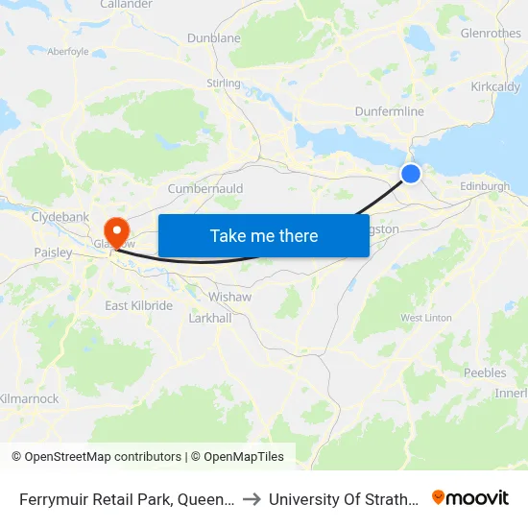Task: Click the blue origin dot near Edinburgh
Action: (410, 173)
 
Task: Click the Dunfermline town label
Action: (389, 112)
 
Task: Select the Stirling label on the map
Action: (223, 84)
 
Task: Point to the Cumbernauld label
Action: (205, 189)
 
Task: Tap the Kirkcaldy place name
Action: (495, 86)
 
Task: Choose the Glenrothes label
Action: (491, 33)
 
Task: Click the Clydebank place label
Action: (60, 217)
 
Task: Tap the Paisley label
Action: (53, 252)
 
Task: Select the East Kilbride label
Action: (138, 305)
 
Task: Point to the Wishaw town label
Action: (231, 297)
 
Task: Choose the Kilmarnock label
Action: (30, 398)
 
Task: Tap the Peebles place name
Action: (484, 372)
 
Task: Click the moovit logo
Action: (469, 497)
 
